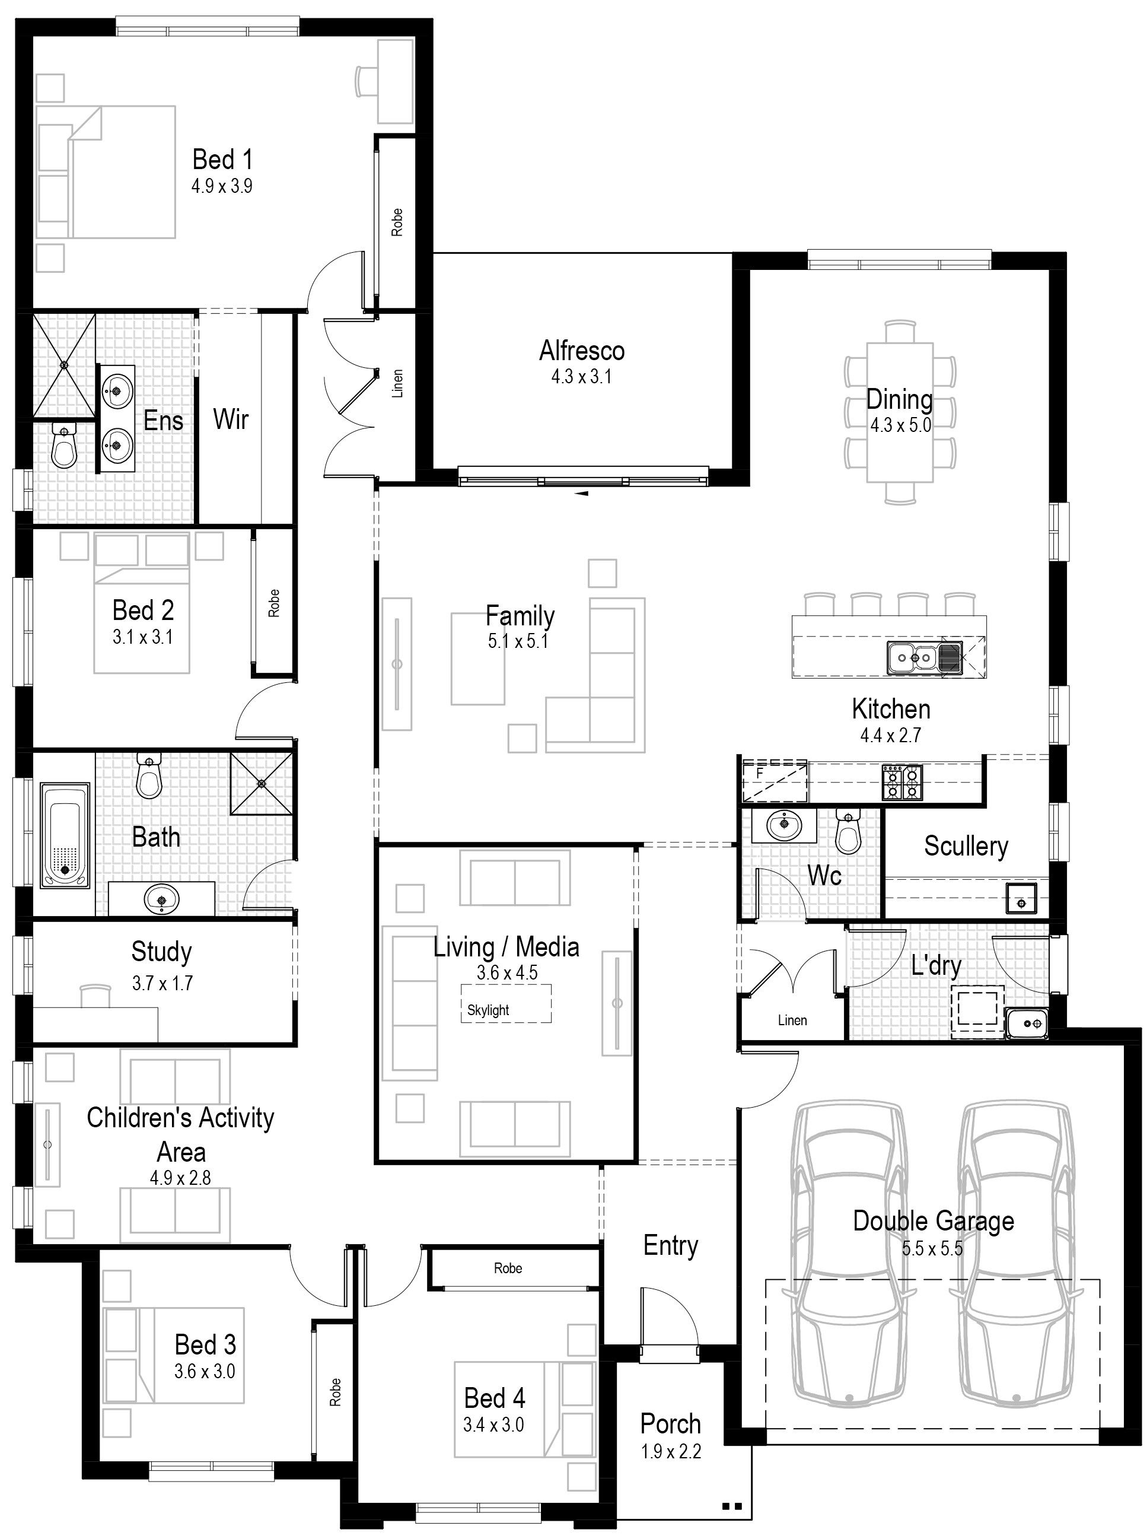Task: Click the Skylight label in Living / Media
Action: pos(488,1010)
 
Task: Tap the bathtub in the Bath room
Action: pos(65,835)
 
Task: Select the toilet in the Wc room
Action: pos(847,831)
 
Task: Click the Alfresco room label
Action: pos(582,351)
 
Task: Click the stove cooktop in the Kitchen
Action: pos(902,781)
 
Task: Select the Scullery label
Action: pos(966,846)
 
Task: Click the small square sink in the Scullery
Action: pos(1021,898)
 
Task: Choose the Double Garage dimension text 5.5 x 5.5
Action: pos(932,1249)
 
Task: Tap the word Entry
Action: pos(670,1246)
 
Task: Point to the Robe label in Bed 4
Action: pos(508,1268)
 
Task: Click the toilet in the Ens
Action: pos(64,447)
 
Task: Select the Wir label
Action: pos(231,419)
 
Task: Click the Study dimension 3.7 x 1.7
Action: pos(162,984)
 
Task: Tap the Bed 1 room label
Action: pos(222,160)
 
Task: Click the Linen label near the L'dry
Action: pos(792,1020)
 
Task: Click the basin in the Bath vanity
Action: pos(162,900)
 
